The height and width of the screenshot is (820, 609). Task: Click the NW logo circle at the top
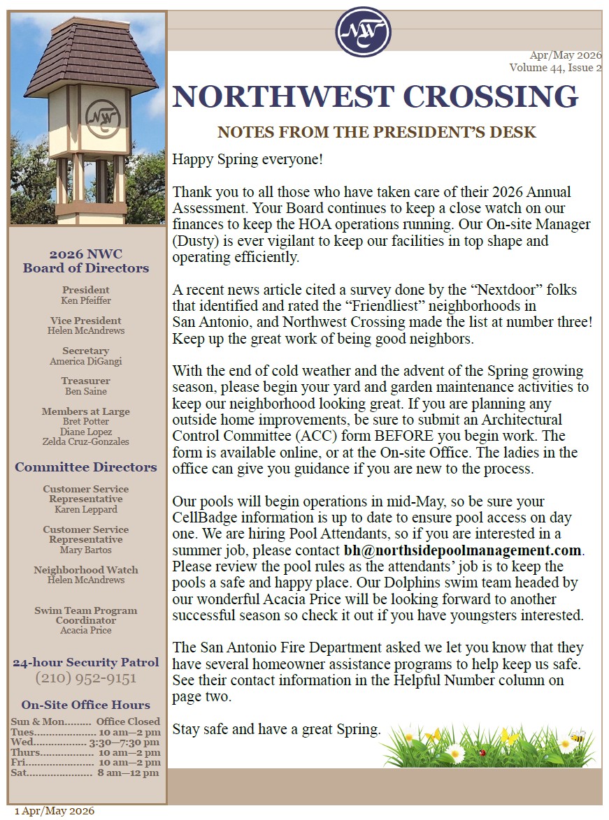click(363, 31)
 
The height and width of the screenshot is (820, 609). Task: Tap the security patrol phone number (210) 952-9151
click(86, 678)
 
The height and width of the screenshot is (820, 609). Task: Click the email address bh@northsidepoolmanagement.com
click(463, 550)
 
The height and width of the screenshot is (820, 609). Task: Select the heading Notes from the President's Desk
click(377, 132)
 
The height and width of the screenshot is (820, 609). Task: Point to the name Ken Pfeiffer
click(86, 300)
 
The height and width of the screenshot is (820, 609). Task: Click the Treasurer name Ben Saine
click(86, 391)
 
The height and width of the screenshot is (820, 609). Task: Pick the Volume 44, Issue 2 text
click(555, 68)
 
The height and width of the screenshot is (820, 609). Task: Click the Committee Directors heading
click(86, 467)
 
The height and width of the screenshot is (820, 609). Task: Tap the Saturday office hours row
click(86, 773)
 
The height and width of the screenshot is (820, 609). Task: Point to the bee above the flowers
click(578, 737)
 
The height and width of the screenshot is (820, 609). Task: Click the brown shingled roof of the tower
click(91, 59)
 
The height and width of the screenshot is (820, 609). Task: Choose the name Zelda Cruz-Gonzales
click(86, 441)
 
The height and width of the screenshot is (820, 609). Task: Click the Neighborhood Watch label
click(86, 570)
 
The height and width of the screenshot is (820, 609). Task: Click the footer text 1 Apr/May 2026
click(55, 811)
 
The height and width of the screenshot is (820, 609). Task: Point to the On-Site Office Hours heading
click(86, 705)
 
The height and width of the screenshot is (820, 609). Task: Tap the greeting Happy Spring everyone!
click(248, 160)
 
